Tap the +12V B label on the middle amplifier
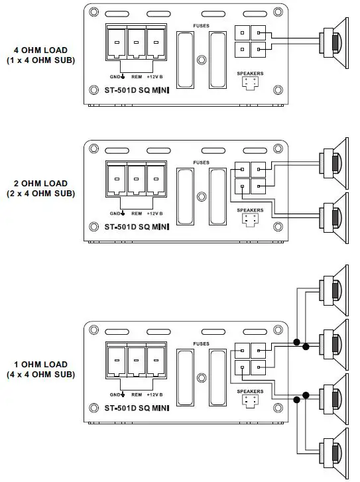(x=156, y=213)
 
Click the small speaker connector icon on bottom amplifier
(x=249, y=400)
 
